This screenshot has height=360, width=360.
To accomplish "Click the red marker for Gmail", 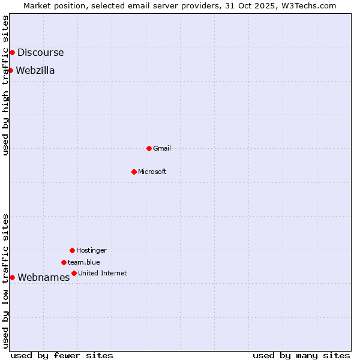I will pyautogui.click(x=149, y=148).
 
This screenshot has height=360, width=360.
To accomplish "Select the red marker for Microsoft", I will pyautogui.click(x=134, y=172).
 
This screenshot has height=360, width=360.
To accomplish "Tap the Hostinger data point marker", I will pyautogui.click(x=72, y=250).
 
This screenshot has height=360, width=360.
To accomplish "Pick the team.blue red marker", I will pyautogui.click(x=64, y=262).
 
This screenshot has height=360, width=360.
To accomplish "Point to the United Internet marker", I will pyautogui.click(x=74, y=273).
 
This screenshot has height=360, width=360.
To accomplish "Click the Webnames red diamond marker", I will pyautogui.click(x=12, y=277).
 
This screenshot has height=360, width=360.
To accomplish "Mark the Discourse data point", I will pyautogui.click(x=12, y=52).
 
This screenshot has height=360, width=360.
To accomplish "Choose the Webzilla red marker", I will pyautogui.click(x=10, y=70).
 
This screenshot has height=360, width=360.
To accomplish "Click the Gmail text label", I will pyautogui.click(x=162, y=148).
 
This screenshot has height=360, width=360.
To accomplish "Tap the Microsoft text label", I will pyautogui.click(x=152, y=172).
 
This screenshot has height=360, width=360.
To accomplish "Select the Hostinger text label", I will pyautogui.click(x=91, y=250).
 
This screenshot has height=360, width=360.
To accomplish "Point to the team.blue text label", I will pyautogui.click(x=84, y=262).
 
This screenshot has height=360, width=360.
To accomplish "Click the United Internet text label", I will pyautogui.click(x=103, y=273).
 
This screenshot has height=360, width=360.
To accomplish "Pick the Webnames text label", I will pyautogui.click(x=44, y=277).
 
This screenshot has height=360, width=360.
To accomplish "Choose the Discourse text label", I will pyautogui.click(x=41, y=52).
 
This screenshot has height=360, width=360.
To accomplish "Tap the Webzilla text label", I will pyautogui.click(x=35, y=70).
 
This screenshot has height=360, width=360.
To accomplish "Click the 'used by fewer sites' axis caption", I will pyautogui.click(x=62, y=355).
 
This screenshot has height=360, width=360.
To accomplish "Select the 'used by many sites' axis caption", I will pyautogui.click(x=301, y=355).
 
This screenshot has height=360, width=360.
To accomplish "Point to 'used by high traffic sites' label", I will pyautogui.click(x=6, y=85).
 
